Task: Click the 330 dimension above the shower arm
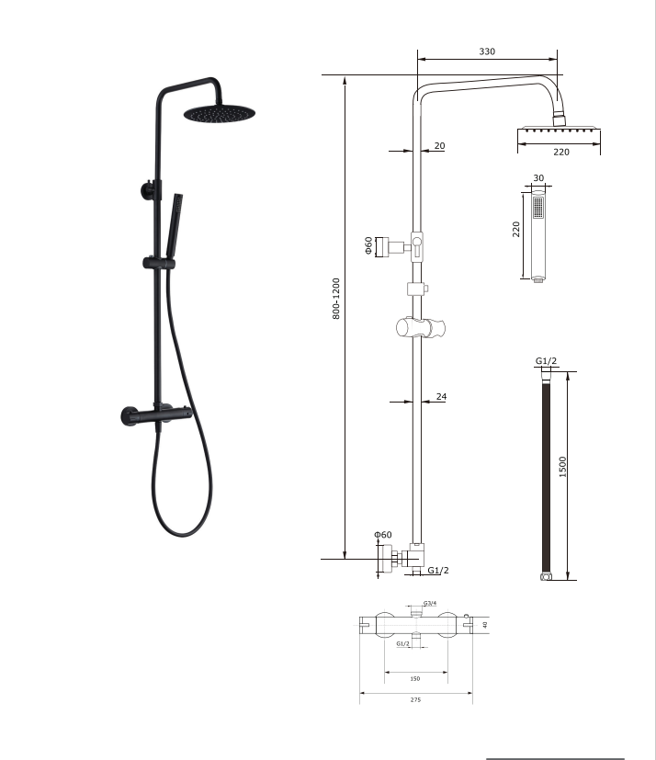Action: tap(487, 51)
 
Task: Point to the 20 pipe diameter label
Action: tap(439, 146)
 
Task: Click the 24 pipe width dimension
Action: tap(441, 397)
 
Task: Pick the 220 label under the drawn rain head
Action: tap(560, 153)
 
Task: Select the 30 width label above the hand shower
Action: tap(538, 178)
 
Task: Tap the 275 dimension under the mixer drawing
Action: tap(414, 700)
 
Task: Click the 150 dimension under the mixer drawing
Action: tap(414, 678)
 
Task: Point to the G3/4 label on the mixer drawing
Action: tap(430, 604)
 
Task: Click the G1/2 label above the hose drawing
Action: tap(545, 361)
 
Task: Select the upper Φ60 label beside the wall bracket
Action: tap(368, 245)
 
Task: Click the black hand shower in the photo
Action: tap(175, 221)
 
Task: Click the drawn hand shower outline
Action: tap(538, 237)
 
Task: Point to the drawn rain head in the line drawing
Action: tap(560, 134)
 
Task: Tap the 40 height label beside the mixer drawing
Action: tap(484, 625)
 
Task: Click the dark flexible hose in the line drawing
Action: tap(546, 473)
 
